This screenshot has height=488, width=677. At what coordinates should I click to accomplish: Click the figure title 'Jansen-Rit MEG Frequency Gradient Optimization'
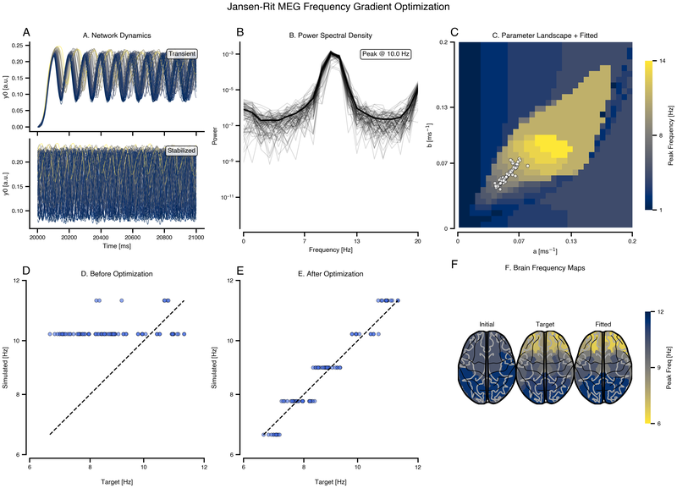click(338, 7)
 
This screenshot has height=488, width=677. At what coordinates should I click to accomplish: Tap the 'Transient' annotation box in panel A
click(182, 54)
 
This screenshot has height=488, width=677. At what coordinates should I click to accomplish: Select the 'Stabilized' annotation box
click(181, 151)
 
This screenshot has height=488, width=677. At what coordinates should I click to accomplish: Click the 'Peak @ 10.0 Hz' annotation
click(386, 54)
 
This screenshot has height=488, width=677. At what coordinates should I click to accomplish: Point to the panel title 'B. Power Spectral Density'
click(330, 36)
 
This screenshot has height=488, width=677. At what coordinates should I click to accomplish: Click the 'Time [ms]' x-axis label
click(117, 246)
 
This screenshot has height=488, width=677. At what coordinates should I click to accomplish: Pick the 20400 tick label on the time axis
click(101, 238)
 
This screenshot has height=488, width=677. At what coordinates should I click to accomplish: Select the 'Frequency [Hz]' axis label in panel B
click(330, 249)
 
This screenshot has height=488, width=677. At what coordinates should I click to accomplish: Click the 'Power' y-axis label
click(215, 135)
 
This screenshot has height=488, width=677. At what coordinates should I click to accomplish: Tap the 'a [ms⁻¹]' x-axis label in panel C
click(545, 251)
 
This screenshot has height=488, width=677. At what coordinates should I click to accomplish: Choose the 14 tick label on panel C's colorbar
click(663, 61)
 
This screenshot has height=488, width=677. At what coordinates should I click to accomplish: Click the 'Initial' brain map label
click(487, 324)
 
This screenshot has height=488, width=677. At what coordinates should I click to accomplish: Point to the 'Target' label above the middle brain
click(545, 324)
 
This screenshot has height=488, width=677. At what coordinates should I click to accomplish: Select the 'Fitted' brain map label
click(603, 324)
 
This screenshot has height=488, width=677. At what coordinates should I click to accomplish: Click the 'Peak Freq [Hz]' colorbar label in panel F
click(669, 367)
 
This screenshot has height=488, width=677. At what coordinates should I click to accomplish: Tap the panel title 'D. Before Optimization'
click(117, 273)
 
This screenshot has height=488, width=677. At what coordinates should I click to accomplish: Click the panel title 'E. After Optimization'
click(330, 273)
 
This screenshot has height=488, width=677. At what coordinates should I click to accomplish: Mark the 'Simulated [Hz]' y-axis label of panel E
click(215, 367)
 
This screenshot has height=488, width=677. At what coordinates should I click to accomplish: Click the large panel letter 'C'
click(454, 32)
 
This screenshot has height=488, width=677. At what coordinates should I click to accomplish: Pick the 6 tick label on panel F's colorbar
click(659, 423)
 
